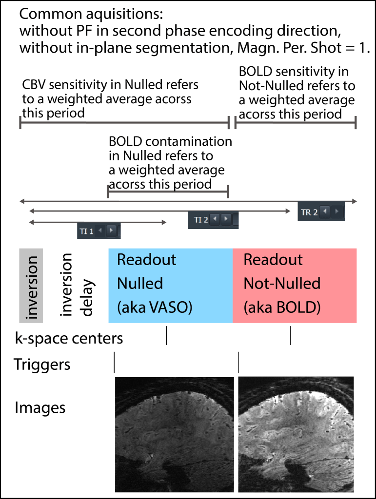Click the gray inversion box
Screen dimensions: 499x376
tap(31, 286)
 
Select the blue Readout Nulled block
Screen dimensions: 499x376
tap(170, 286)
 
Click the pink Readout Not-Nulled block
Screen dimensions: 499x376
tap(295, 286)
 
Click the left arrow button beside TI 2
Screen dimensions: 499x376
tap(215, 219)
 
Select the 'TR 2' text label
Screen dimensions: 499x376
tap(309, 212)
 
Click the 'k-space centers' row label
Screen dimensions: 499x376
tap(68, 338)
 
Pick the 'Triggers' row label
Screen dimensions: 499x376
tap(42, 364)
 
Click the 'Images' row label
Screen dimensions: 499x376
tap(40, 407)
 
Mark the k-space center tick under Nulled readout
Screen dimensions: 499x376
tap(167, 335)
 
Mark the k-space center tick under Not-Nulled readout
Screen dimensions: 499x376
tap(291, 335)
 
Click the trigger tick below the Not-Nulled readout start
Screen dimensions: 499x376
tap(238, 363)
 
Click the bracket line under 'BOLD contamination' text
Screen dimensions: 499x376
tap(167, 192)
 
